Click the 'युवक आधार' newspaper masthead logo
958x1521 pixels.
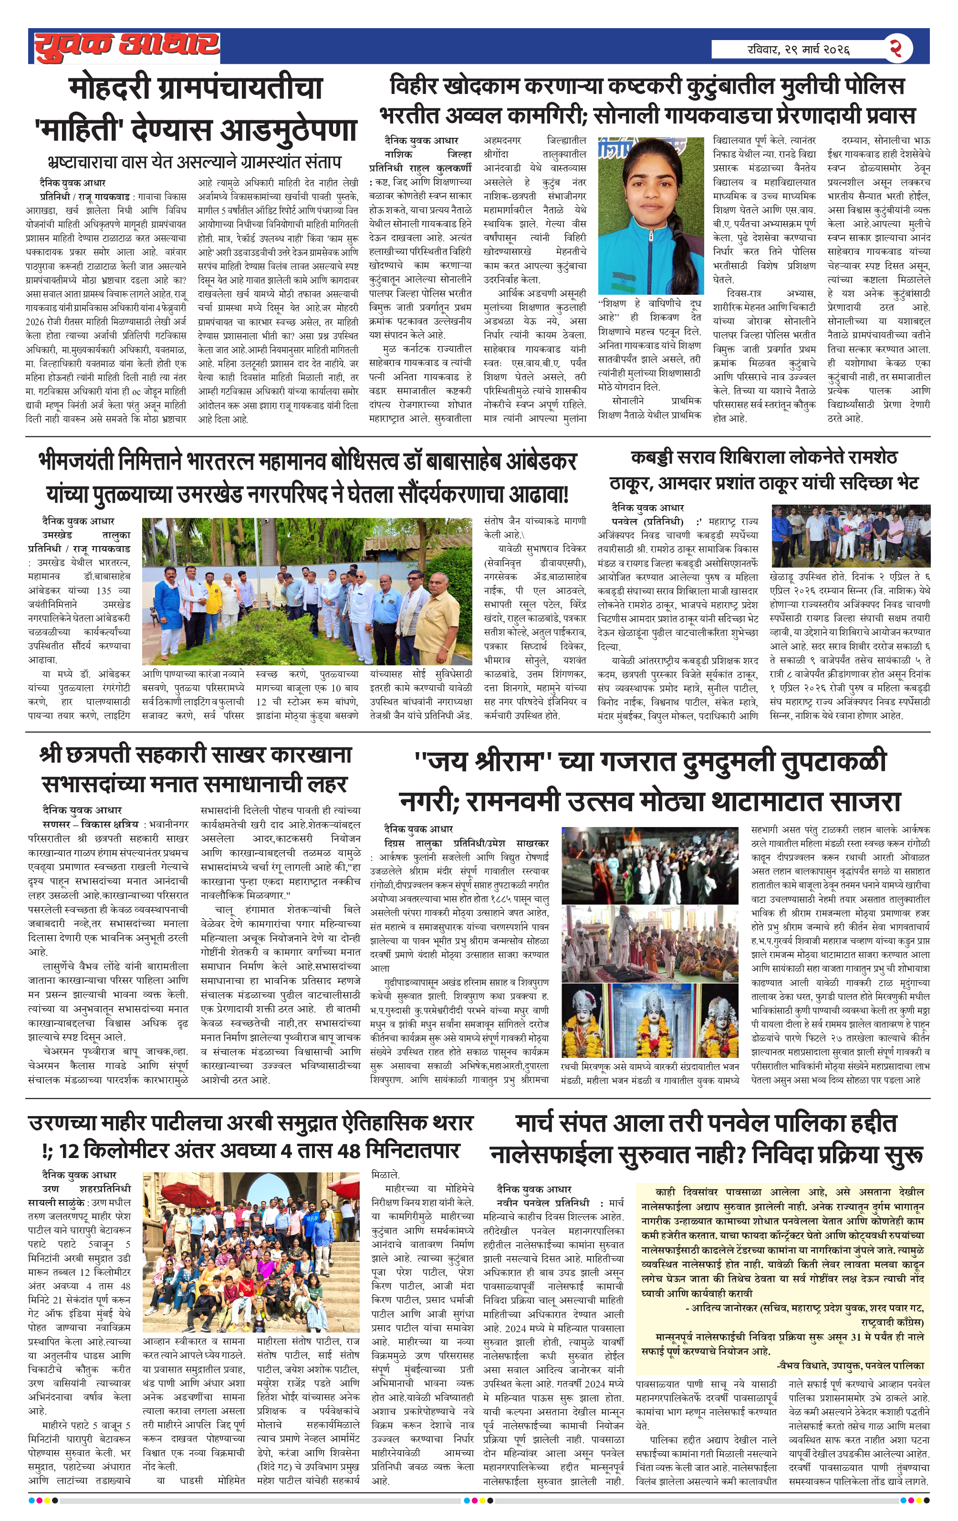tap(126, 45)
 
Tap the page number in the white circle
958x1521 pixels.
tap(896, 48)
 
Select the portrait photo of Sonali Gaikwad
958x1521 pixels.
tap(651, 216)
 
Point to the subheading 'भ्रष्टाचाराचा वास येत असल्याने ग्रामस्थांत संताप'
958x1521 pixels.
tap(194, 162)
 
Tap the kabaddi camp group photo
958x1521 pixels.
tap(850, 535)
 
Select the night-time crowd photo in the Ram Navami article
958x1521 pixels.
tap(649, 865)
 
